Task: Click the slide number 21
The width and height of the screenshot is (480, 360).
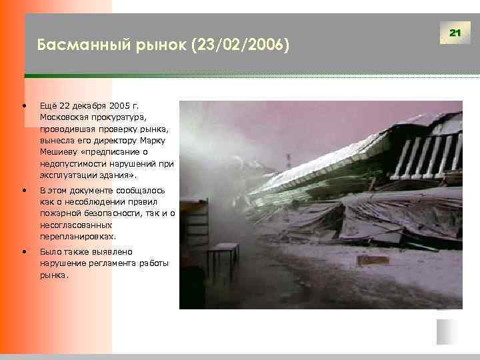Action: point(455,33)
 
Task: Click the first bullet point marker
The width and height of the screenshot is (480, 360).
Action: point(25,106)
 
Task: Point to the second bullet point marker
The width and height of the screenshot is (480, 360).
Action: point(25,191)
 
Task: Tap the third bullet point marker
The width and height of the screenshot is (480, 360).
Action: point(25,252)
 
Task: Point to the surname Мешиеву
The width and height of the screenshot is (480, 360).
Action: point(59,152)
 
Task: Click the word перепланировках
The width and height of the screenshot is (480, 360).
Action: point(77,237)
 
